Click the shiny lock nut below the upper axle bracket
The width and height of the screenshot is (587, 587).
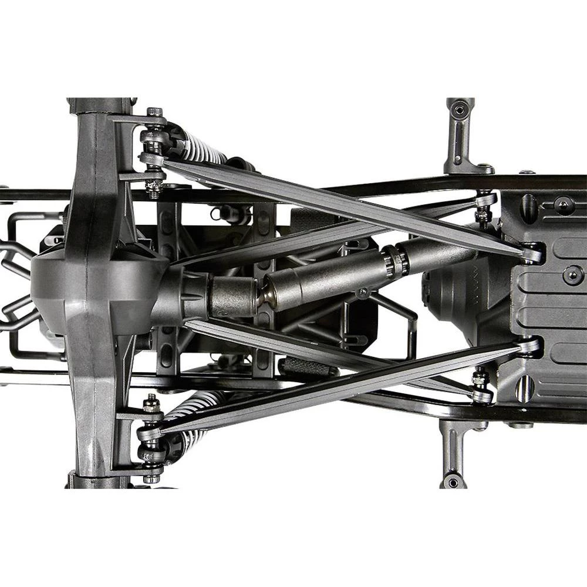(154, 187)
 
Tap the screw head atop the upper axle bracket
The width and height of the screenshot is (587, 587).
(155, 112)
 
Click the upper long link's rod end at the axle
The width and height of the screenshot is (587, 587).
(151, 158)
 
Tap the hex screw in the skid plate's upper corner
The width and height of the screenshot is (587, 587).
(564, 204)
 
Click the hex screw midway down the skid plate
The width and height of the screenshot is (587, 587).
(572, 275)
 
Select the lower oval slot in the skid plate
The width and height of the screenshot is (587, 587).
(524, 388)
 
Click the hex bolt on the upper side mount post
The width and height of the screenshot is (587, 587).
(460, 109)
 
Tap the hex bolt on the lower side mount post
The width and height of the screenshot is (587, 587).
(452, 478)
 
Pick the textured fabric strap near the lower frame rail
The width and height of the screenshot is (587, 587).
(308, 367)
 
